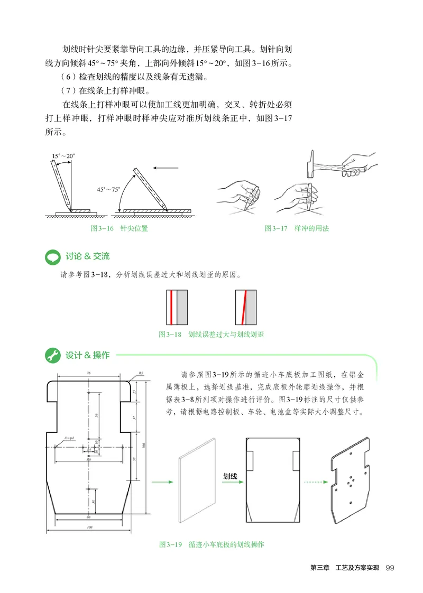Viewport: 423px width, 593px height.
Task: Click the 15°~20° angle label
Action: (x=64, y=156)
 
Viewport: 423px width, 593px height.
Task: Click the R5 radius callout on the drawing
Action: (x=141, y=373)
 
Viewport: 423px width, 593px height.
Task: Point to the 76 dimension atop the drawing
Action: (x=88, y=373)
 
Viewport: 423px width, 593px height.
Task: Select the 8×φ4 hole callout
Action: (x=69, y=438)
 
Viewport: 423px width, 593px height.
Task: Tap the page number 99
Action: (x=390, y=568)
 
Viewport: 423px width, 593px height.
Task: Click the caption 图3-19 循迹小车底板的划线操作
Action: (x=212, y=544)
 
